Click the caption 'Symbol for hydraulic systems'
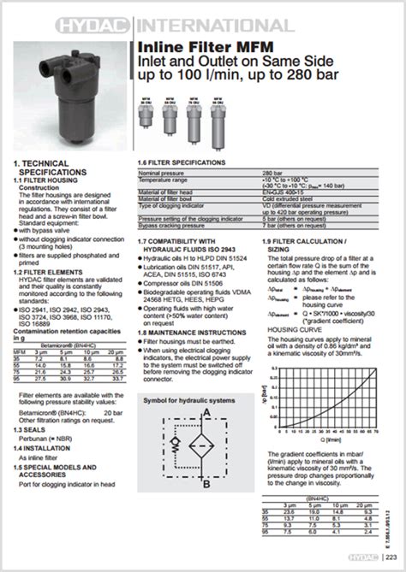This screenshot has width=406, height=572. click(x=188, y=399)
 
